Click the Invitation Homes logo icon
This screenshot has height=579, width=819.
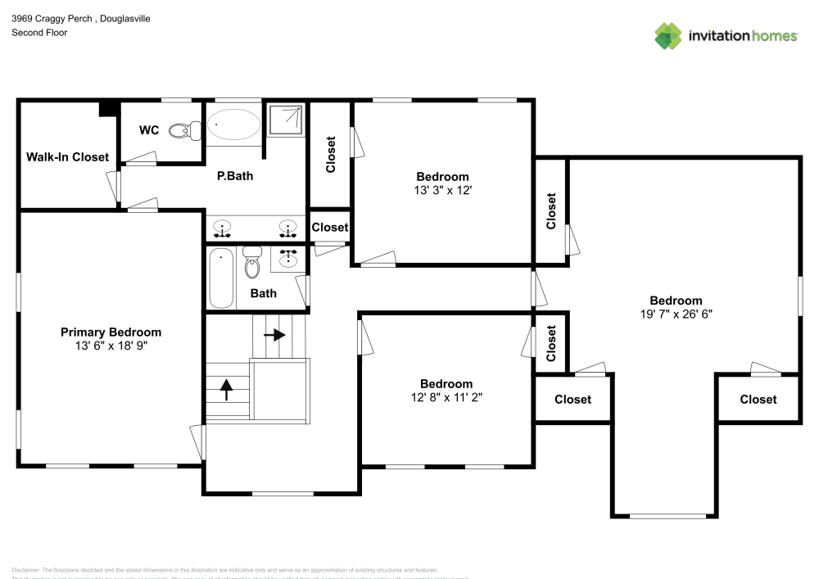(668, 35)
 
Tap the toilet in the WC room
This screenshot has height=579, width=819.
(184, 129)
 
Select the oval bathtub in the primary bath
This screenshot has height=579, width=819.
(233, 125)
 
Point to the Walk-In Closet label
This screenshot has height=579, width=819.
(67, 156)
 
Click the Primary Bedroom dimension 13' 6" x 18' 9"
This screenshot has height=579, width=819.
(111, 346)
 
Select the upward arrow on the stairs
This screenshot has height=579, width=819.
(226, 388)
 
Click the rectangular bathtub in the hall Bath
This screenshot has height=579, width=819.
(221, 278)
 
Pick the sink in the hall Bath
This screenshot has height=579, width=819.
(287, 260)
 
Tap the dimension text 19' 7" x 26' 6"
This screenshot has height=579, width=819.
(676, 314)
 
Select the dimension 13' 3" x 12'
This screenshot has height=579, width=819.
(442, 190)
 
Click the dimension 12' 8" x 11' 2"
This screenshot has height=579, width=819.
(446, 397)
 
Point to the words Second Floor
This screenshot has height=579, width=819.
(39, 33)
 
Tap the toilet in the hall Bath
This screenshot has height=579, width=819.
(252, 263)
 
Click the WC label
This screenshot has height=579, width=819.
(149, 130)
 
